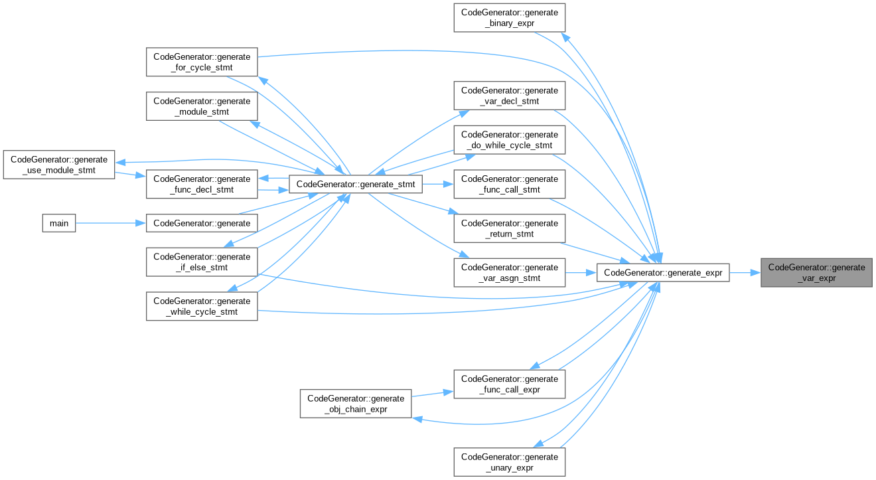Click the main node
[x=59, y=223]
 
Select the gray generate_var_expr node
[x=816, y=273]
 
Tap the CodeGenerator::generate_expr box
[x=663, y=273]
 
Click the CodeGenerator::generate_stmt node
[x=355, y=185]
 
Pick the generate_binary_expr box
[x=509, y=18]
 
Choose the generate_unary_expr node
[x=509, y=462]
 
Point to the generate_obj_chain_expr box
[x=355, y=404]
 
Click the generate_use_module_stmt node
[x=58, y=165]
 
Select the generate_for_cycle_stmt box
[x=201, y=62]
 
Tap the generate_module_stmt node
[x=201, y=106]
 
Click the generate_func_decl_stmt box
[x=201, y=185]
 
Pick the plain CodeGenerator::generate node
[x=201, y=223]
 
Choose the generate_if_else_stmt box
[x=201, y=262]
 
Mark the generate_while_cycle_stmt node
[x=201, y=306]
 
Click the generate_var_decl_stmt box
[x=509, y=96]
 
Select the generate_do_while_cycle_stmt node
[x=509, y=140]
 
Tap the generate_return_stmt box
[x=509, y=228]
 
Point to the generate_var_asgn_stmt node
[x=509, y=273]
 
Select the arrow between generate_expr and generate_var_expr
[x=745, y=273]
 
